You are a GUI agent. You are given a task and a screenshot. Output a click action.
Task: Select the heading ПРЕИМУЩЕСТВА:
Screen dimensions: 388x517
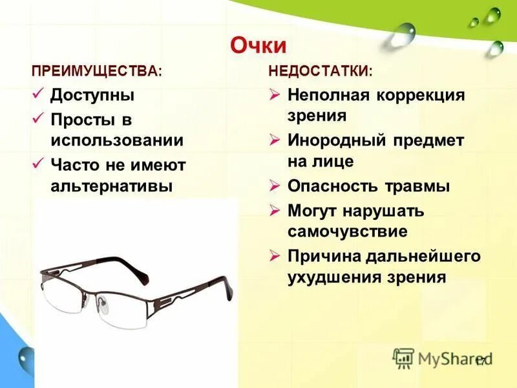[x=96, y=70]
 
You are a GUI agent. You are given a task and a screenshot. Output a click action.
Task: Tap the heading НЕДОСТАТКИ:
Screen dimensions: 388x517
[x=320, y=70]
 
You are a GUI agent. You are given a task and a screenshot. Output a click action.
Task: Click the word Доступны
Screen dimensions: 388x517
[x=92, y=95]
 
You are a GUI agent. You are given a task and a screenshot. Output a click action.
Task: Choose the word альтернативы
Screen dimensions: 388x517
[x=112, y=186]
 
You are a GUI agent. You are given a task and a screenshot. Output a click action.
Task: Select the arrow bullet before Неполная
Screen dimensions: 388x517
[x=275, y=95]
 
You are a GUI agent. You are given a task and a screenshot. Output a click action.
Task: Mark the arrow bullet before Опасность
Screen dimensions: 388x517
[x=275, y=186]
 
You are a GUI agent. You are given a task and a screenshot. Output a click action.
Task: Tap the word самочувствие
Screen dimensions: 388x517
[x=347, y=232]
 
